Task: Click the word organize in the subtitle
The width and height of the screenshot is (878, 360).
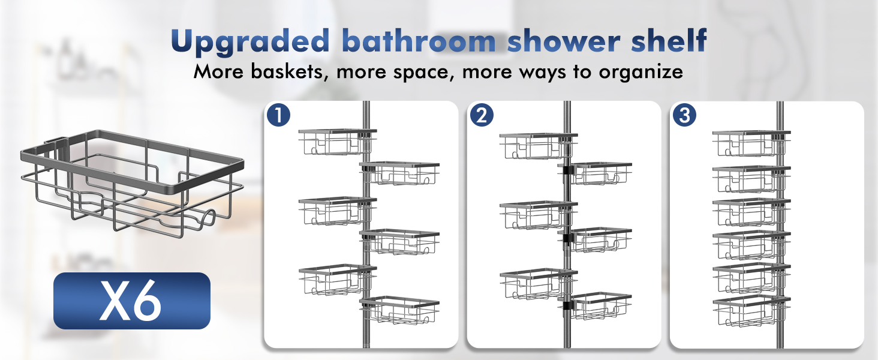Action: pyautogui.click(x=641, y=73)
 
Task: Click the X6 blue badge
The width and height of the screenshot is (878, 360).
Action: pyautogui.click(x=132, y=301)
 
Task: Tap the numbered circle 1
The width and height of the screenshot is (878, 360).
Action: pyautogui.click(x=279, y=115)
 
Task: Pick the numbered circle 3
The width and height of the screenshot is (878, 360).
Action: pyautogui.click(x=684, y=115)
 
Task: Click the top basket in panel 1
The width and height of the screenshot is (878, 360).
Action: pyautogui.click(x=333, y=142)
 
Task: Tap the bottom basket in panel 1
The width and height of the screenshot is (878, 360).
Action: pyautogui.click(x=401, y=310)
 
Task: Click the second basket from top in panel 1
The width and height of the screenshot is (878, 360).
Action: pyautogui.click(x=401, y=174)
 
